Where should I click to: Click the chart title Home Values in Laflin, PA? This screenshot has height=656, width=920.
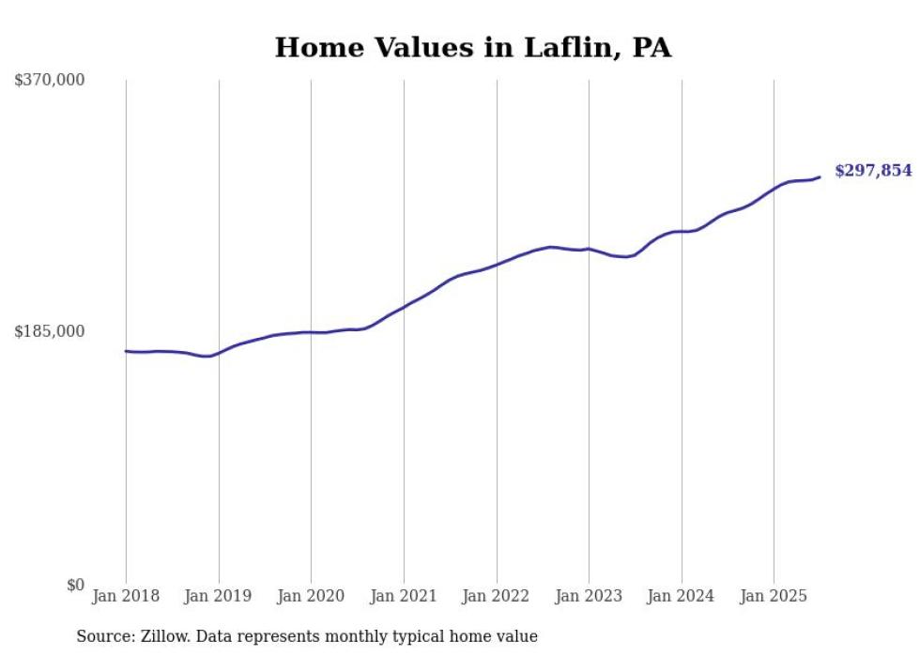(472, 48)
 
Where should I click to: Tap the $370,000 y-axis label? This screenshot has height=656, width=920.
(49, 81)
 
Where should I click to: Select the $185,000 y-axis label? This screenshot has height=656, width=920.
(49, 331)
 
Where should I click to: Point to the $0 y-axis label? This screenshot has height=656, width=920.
(75, 585)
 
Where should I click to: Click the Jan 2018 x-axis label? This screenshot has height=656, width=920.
(126, 596)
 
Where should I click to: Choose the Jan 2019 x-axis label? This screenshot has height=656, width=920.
(219, 596)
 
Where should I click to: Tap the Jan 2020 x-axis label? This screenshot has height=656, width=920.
(311, 596)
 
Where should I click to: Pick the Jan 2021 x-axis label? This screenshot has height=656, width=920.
(404, 596)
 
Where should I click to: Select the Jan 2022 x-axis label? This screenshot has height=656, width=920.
(497, 596)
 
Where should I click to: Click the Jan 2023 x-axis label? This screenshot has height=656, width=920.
(589, 596)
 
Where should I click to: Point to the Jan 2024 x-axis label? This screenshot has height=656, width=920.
(682, 596)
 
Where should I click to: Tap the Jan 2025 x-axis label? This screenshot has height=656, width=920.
(774, 596)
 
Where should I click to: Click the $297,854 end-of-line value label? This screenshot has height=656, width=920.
(873, 171)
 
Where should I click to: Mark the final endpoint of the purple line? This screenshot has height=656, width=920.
(820, 176)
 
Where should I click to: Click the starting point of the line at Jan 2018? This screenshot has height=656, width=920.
(126, 351)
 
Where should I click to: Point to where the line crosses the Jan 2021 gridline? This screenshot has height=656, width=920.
(404, 307)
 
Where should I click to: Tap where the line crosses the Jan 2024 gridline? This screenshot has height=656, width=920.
(682, 231)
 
